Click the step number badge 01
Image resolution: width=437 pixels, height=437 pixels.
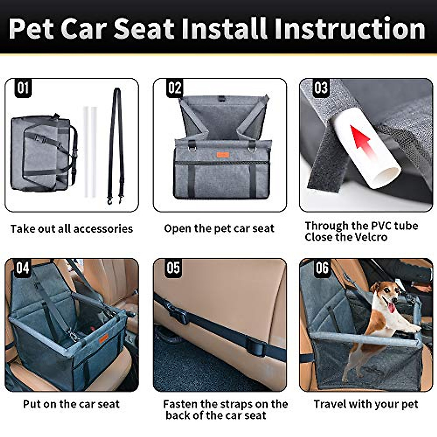click(x=23, y=88)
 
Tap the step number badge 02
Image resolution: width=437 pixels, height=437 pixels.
click(x=174, y=88)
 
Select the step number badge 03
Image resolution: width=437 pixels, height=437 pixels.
click(x=321, y=88)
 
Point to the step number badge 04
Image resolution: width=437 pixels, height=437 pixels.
click(x=23, y=268)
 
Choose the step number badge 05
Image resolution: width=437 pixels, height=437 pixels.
click(x=173, y=268)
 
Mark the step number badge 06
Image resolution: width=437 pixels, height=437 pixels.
click(x=322, y=268)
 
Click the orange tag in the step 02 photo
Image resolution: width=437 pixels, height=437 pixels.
click(x=223, y=155)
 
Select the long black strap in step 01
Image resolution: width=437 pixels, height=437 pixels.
click(x=116, y=146)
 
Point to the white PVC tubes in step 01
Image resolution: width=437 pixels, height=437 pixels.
click(x=90, y=151)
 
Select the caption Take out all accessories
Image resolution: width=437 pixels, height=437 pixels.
click(x=72, y=229)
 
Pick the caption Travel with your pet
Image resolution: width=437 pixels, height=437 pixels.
click(x=366, y=404)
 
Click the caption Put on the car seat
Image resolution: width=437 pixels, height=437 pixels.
click(x=71, y=404)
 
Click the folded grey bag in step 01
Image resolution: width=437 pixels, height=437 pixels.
click(x=42, y=153)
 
